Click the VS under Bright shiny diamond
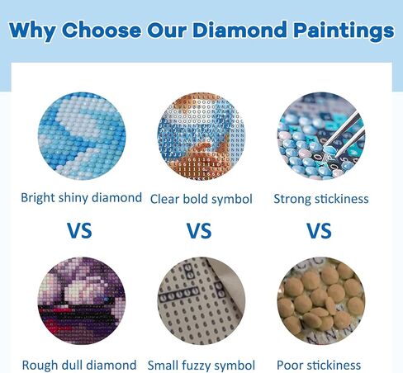coord(79,231)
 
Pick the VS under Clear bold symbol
coord(199,231)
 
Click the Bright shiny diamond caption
coord(81,198)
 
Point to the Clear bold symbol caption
coord(201,199)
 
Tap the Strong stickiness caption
coord(320,199)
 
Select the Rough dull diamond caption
coord(79,365)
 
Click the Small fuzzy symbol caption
coord(201,365)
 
